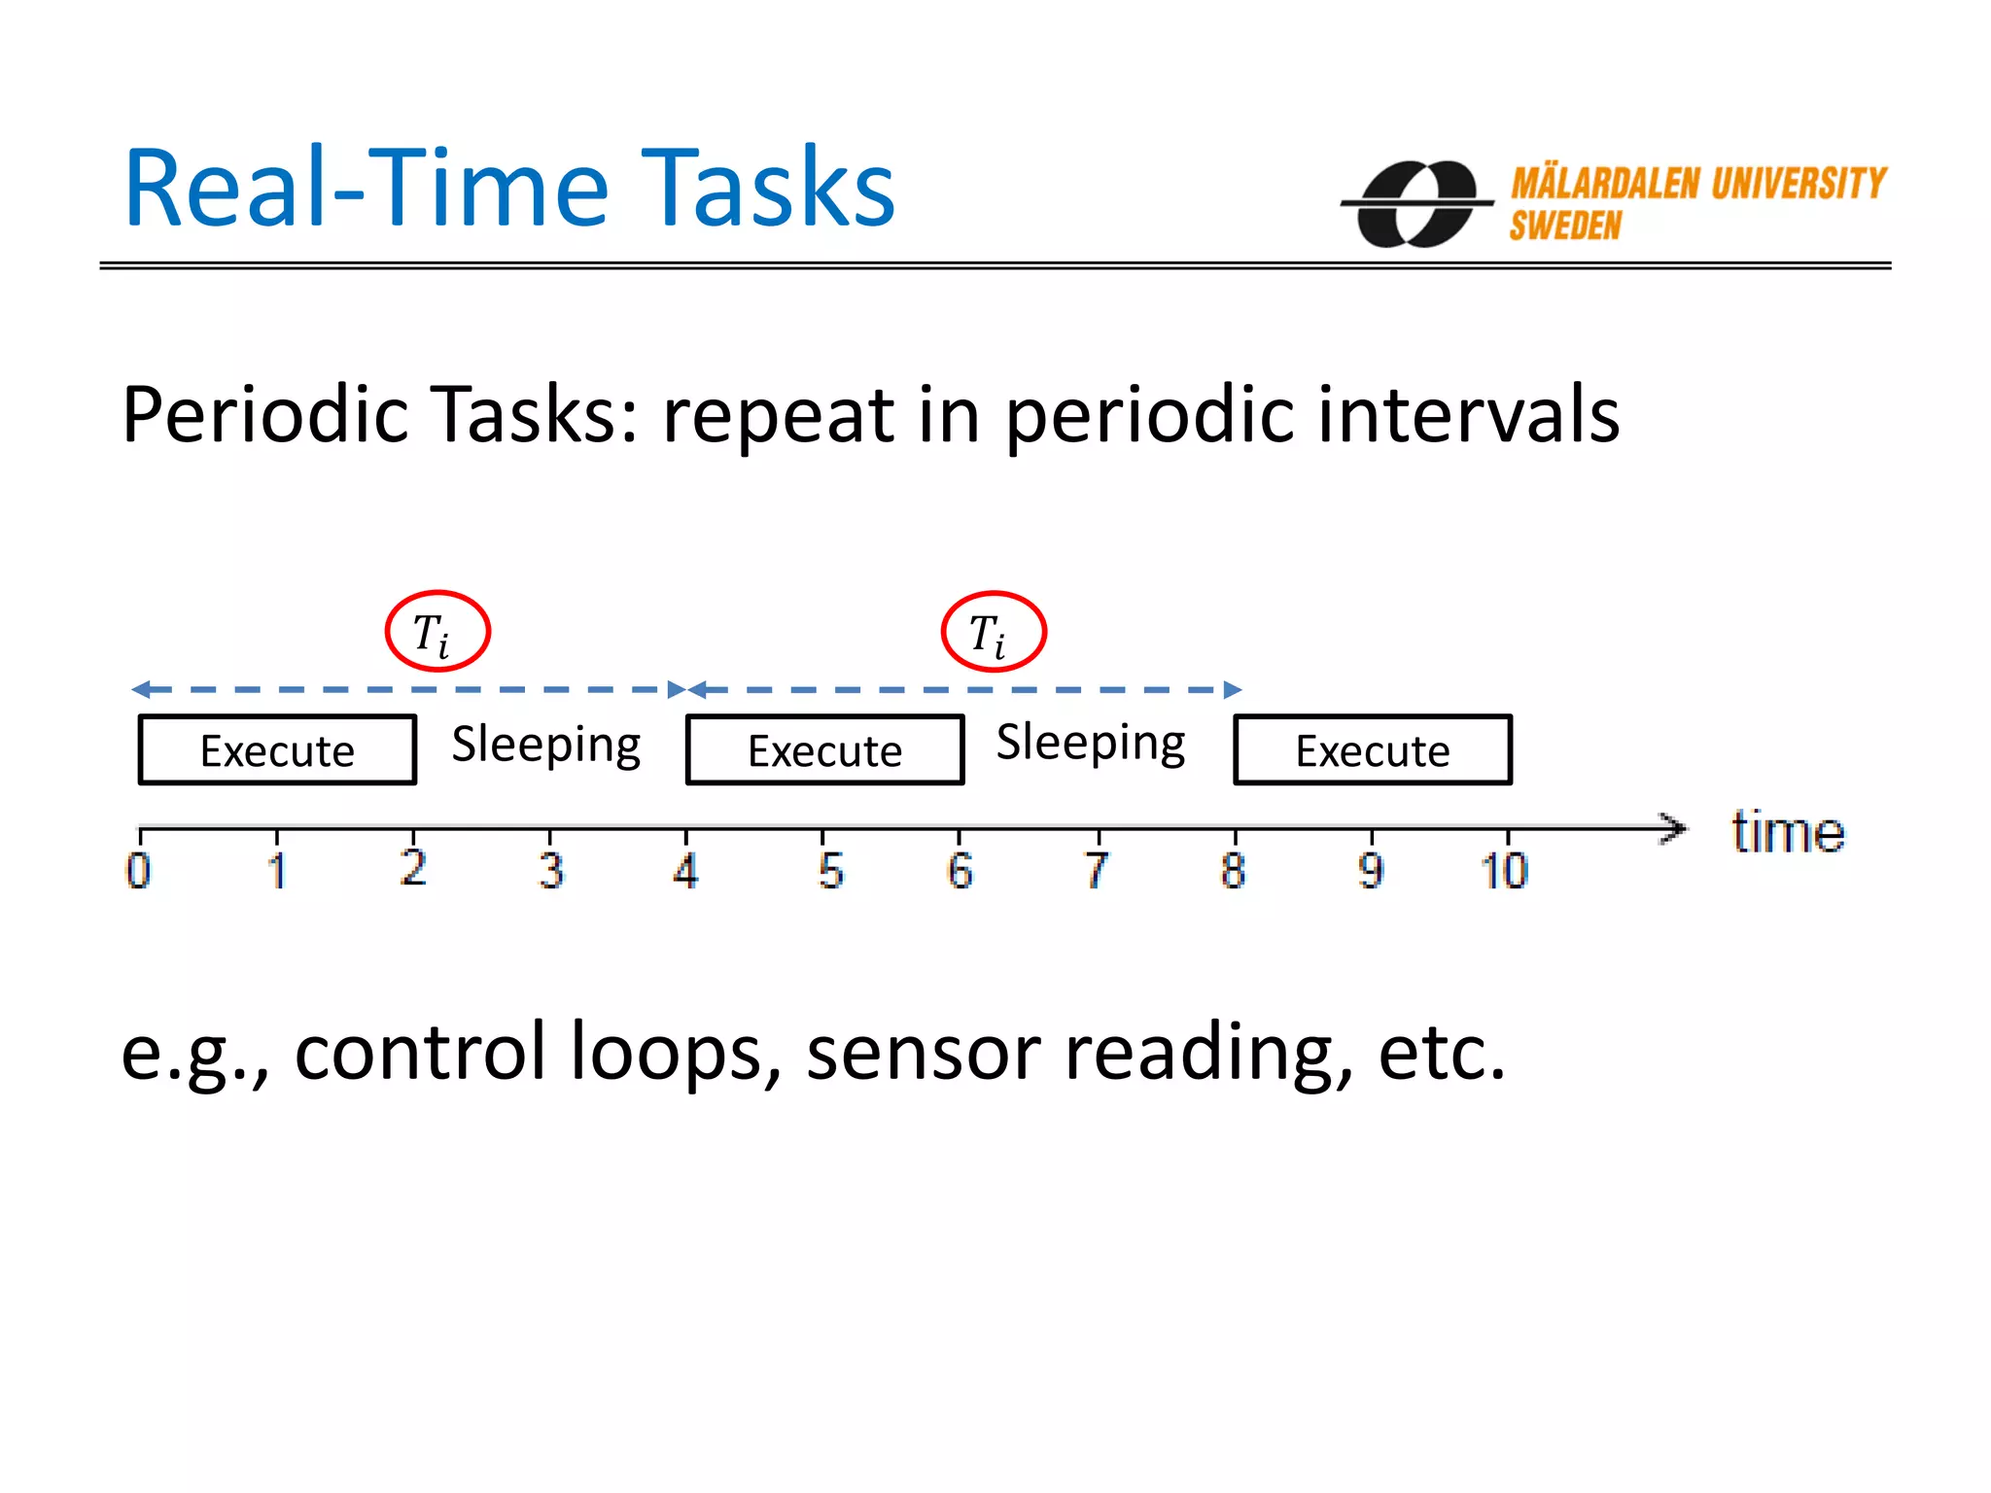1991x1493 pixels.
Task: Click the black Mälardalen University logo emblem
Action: (x=1415, y=204)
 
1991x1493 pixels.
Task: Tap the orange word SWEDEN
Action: (x=1565, y=226)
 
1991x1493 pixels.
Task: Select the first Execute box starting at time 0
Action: (x=277, y=750)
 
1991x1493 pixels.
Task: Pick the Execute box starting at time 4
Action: (x=824, y=750)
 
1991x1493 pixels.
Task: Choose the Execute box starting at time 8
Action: (x=1372, y=750)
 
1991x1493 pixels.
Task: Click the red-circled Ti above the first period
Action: (x=437, y=632)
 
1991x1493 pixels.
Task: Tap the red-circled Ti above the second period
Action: (x=993, y=633)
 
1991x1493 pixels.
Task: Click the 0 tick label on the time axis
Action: (x=139, y=870)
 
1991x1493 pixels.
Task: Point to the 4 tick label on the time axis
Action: (x=685, y=870)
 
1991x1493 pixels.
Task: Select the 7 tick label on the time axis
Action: (x=1097, y=870)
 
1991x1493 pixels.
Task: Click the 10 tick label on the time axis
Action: (x=1504, y=870)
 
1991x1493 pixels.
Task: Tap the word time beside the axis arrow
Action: (x=1788, y=833)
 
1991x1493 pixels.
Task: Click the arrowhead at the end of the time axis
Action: (x=1674, y=828)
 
